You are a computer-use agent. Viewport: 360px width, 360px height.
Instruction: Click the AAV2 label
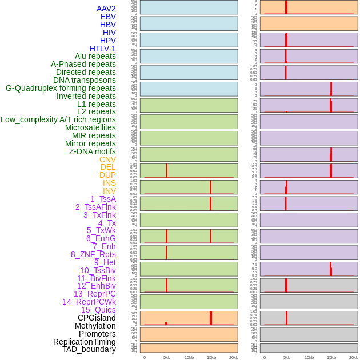point(106,9)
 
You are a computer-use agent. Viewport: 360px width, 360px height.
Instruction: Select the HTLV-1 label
point(103,49)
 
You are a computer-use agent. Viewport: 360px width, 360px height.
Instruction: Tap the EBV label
point(108,17)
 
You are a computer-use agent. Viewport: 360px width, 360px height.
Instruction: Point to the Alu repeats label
point(95,56)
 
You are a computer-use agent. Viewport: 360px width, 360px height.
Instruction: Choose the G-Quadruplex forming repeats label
point(61,88)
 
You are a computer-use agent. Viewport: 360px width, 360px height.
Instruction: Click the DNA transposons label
point(85,80)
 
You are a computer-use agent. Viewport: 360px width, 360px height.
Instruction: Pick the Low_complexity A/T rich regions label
point(58,119)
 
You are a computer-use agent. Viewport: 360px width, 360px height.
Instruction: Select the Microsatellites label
point(90,127)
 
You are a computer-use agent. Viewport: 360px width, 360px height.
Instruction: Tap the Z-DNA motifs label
point(93,151)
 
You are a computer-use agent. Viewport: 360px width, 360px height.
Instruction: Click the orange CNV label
point(107,159)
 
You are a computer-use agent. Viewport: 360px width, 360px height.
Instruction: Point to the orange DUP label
point(107,175)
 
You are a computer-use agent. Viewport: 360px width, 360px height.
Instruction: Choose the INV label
point(109,191)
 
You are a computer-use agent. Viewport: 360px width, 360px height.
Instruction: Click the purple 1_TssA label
point(103,199)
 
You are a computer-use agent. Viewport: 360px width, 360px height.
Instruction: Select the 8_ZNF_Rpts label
point(93,254)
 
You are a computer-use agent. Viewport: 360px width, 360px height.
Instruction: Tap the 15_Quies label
point(98,310)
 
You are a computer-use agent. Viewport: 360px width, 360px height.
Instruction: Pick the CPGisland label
point(97,318)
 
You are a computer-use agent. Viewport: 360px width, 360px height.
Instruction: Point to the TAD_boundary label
point(89,349)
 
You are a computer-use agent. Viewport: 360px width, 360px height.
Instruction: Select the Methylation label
point(91,326)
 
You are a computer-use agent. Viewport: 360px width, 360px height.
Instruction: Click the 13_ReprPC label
point(95,294)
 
